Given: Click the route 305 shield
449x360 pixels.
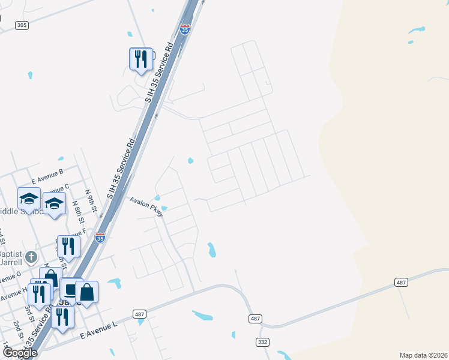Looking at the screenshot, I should point(22,25).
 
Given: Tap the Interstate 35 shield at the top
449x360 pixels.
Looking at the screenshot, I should point(184,29).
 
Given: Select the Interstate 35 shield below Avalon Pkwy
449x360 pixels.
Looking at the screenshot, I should point(100,238).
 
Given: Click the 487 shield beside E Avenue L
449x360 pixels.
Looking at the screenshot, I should point(139,314).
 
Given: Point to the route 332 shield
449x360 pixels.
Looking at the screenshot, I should point(262,341).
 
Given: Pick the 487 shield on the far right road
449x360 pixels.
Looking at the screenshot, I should point(402,282).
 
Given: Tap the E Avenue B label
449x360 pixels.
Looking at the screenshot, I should point(48,176).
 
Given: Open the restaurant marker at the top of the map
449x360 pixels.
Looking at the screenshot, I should point(141,59).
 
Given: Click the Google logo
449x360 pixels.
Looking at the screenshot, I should point(19,353).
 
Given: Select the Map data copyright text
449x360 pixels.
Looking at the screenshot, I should point(423,355).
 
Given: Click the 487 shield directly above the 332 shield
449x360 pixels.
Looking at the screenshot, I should point(255,318).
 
